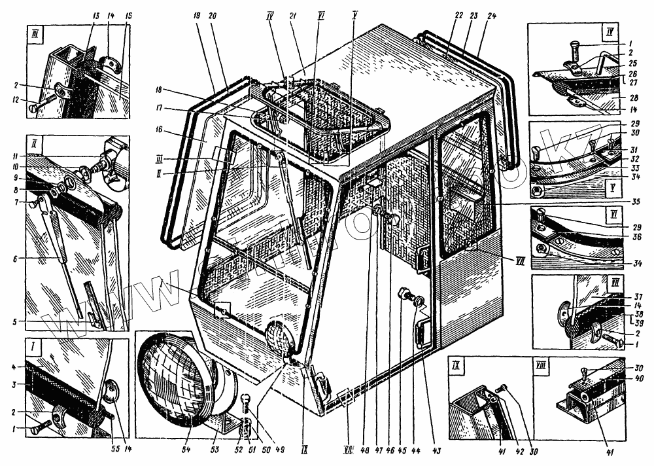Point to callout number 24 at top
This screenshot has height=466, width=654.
492,16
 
